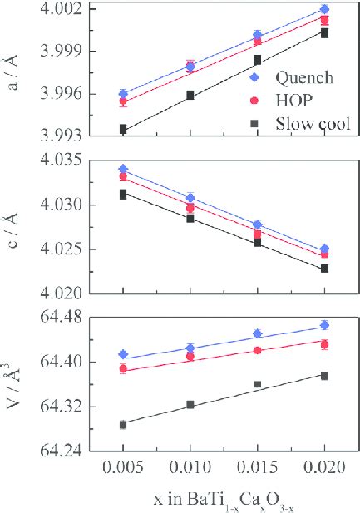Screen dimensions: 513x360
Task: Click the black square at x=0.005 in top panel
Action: coord(123,129)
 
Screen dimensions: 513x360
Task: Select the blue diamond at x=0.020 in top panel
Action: coord(324,9)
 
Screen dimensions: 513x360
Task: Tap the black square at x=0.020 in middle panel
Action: coord(324,269)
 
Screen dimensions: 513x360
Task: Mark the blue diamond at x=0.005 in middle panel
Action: coord(123,169)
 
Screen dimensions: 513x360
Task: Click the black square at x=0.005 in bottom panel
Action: coord(123,424)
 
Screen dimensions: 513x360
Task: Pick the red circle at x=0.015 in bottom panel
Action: coord(258,350)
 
